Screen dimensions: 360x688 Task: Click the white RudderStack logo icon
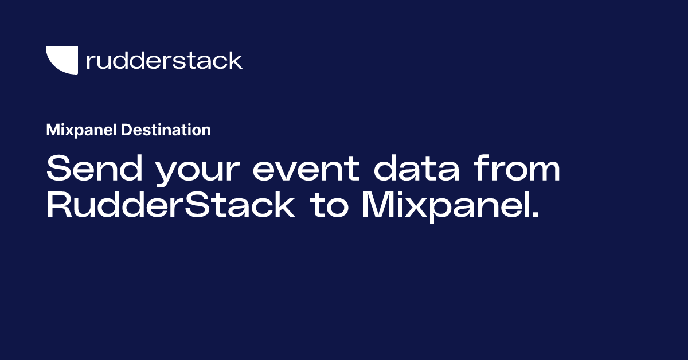[61, 60]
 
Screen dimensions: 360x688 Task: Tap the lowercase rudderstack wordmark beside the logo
[164, 60]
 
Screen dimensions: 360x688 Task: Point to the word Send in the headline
[91, 170]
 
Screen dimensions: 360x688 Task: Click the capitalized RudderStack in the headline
[170, 206]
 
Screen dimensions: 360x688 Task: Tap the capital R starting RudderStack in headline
[58, 206]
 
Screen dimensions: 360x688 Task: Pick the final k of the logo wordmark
[236, 60]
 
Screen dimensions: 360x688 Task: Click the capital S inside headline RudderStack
[201, 206]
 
